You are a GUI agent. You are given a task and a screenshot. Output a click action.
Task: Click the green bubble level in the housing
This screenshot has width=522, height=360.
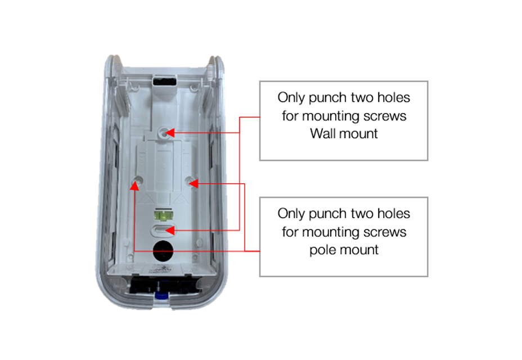coord(163,215)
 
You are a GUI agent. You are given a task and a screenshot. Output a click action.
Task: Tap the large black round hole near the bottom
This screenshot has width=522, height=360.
coord(163,250)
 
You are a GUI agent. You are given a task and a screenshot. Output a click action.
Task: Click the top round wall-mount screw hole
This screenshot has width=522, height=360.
coord(163,133)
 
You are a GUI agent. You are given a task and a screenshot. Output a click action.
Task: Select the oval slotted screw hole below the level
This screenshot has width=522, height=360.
coord(163,230)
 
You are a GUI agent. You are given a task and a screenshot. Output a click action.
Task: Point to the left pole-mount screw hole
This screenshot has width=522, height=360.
coord(137,180)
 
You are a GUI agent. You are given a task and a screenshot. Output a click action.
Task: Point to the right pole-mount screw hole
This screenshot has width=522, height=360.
coord(191,181)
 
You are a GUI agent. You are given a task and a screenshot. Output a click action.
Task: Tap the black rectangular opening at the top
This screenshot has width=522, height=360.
coord(164,81)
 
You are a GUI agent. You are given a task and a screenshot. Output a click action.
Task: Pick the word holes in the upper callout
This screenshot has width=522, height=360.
coord(394,97)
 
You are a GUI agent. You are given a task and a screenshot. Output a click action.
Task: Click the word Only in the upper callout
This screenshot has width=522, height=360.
coord(291,98)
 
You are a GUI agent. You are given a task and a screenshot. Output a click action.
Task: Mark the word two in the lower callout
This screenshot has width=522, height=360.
coord(362,214)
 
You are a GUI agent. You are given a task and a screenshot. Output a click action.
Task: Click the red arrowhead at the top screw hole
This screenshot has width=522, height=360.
coord(170,133)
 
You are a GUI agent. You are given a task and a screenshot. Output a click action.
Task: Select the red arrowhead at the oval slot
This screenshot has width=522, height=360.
coord(170,230)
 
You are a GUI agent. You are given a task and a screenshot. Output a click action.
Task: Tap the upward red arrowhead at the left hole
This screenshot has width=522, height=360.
coord(134,186)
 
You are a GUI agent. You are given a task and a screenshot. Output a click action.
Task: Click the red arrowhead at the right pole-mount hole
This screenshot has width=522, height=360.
coord(193,183)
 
